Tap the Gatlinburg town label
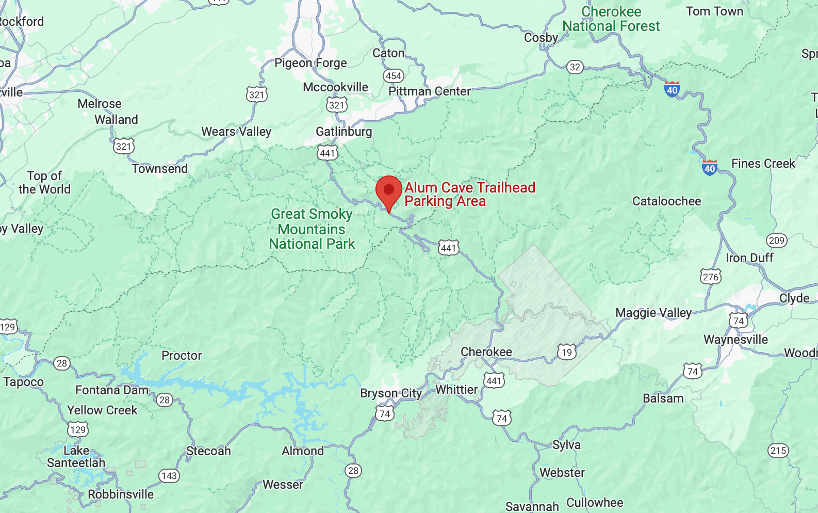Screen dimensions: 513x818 [343, 132]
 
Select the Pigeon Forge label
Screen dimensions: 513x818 [310, 63]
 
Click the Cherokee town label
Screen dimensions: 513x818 [486, 352]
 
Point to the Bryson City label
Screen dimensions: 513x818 [391, 393]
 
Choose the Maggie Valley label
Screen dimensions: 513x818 [653, 313]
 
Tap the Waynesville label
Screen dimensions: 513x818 [735, 340]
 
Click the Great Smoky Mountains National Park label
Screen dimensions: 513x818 [312, 229]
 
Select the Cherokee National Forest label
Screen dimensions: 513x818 [611, 19]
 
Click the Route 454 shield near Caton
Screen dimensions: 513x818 [394, 76]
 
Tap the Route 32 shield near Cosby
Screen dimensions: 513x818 [575, 67]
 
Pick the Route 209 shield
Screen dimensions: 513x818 [776, 241]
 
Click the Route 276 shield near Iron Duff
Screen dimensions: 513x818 [710, 277]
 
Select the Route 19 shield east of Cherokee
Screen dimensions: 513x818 [567, 352]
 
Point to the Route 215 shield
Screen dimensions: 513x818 [778, 451]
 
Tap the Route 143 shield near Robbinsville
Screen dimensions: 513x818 [169, 476]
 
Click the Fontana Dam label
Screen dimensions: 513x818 [112, 390]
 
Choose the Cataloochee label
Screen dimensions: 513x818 [666, 201]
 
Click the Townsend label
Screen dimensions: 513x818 [160, 169]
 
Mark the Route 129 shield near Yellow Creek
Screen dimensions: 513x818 [78, 430]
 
